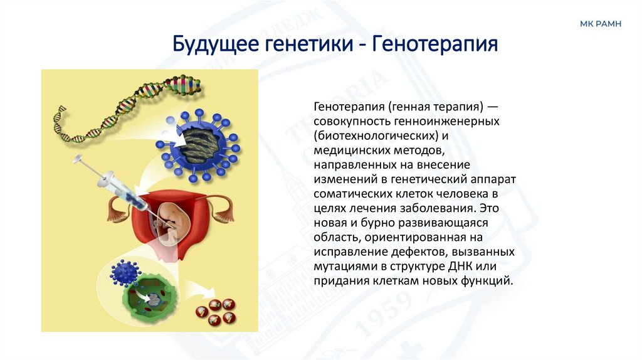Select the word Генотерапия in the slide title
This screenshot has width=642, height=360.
point(435,45)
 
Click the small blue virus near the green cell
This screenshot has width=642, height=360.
point(124,272)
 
